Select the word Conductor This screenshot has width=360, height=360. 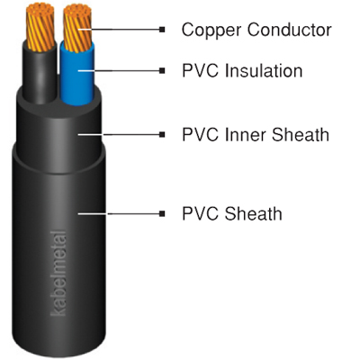289,30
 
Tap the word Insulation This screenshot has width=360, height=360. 264,71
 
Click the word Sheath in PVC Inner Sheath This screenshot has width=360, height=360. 301,134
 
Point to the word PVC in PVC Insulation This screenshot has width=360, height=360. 201,71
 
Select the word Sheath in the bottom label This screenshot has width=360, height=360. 254,213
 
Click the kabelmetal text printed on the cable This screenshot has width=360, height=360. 58,273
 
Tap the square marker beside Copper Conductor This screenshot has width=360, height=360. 162,30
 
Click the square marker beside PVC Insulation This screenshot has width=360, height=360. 162,71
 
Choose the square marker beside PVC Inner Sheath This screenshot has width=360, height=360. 162,134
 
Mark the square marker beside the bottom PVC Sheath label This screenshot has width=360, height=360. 162,213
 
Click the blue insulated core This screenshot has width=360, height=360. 77,75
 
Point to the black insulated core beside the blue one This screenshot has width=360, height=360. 40,75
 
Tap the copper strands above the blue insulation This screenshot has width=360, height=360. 77,27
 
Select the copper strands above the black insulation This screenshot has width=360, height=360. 40,26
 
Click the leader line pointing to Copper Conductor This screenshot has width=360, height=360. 119,30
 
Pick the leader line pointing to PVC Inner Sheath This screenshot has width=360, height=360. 119,134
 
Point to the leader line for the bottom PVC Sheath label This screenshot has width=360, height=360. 119,213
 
